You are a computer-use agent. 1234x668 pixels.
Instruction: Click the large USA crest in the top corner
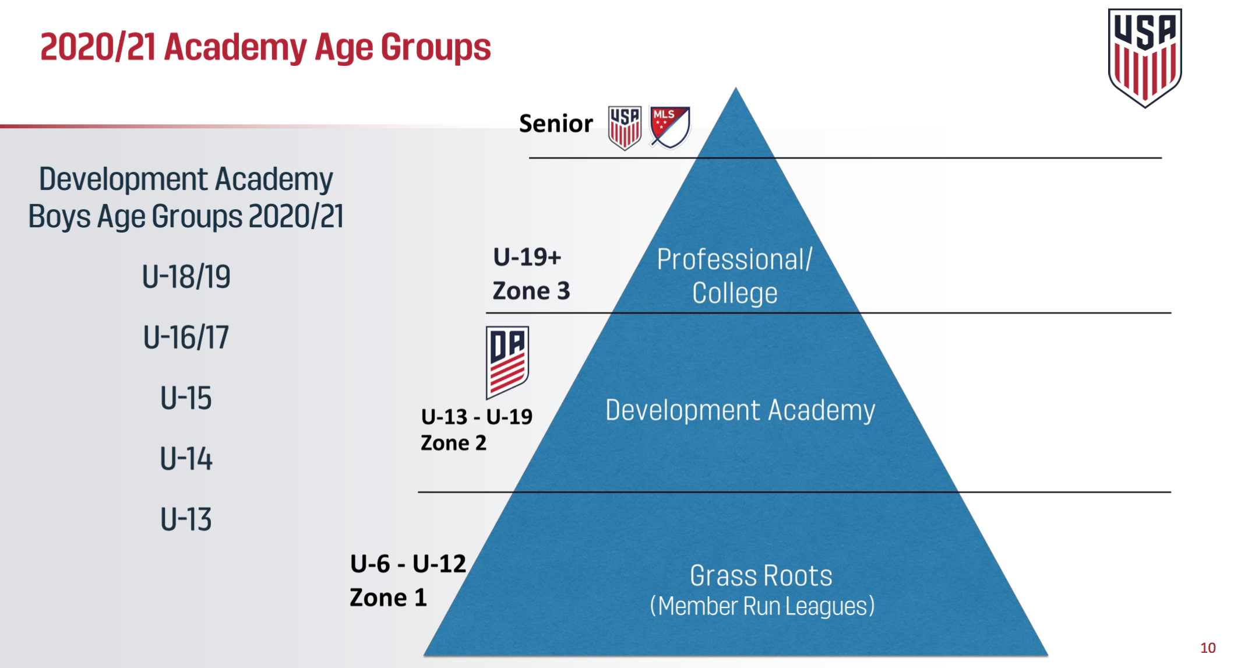click(x=1144, y=57)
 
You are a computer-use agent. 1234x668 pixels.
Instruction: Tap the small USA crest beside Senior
click(x=624, y=127)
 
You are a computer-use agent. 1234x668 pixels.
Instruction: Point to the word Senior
click(x=555, y=124)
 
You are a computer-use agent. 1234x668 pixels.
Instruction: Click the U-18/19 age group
click(x=186, y=276)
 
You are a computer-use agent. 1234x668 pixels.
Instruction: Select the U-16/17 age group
click(x=186, y=337)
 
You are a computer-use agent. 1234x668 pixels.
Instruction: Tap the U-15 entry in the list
click(x=186, y=399)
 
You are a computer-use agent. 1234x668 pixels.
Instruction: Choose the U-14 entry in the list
click(x=186, y=459)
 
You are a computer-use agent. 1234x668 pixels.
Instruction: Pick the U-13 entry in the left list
click(x=186, y=519)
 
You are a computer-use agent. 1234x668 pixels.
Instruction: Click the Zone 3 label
click(x=531, y=291)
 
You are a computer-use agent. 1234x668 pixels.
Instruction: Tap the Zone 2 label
click(x=453, y=443)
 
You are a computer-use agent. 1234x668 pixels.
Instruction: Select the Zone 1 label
click(x=388, y=597)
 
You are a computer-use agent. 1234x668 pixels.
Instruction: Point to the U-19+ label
click(x=527, y=257)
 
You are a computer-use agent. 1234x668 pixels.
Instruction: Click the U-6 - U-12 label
click(x=408, y=564)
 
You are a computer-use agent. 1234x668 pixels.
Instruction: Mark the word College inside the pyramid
click(x=735, y=293)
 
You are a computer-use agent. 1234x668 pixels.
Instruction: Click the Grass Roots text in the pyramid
click(x=761, y=576)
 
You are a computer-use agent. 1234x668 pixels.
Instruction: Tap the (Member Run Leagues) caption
click(x=762, y=606)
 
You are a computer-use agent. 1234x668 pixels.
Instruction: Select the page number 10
click(x=1208, y=648)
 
